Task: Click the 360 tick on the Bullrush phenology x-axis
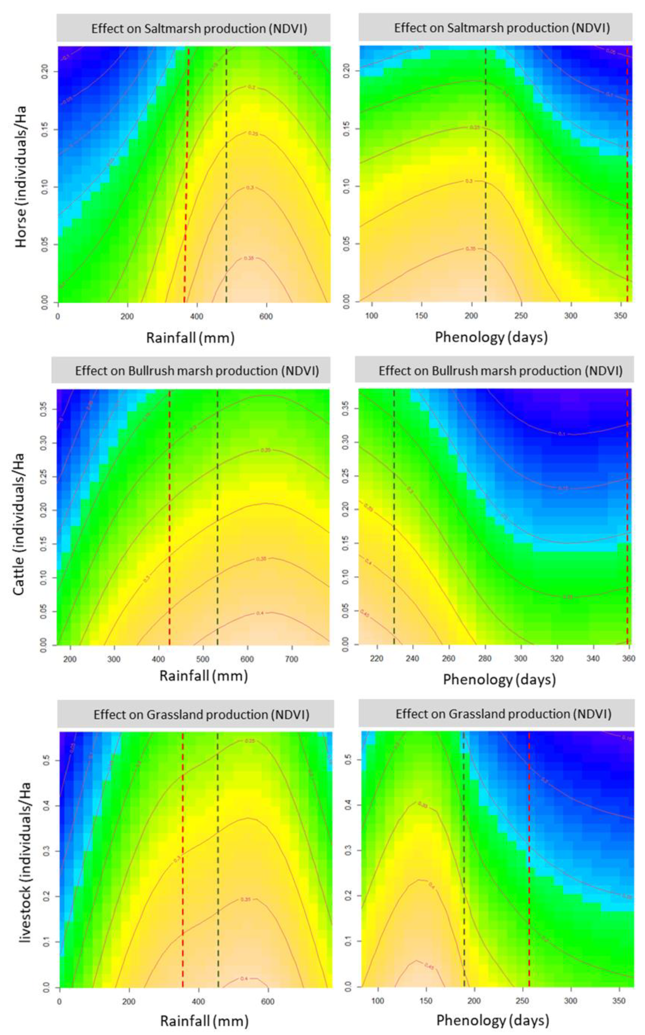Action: pos(628,658)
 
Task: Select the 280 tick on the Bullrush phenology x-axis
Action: pos(484,658)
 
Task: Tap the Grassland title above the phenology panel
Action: pos(503,714)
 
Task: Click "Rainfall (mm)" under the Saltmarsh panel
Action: pos(190,338)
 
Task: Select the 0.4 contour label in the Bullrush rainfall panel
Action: pos(260,613)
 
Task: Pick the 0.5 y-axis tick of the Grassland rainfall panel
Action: pos(46,760)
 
